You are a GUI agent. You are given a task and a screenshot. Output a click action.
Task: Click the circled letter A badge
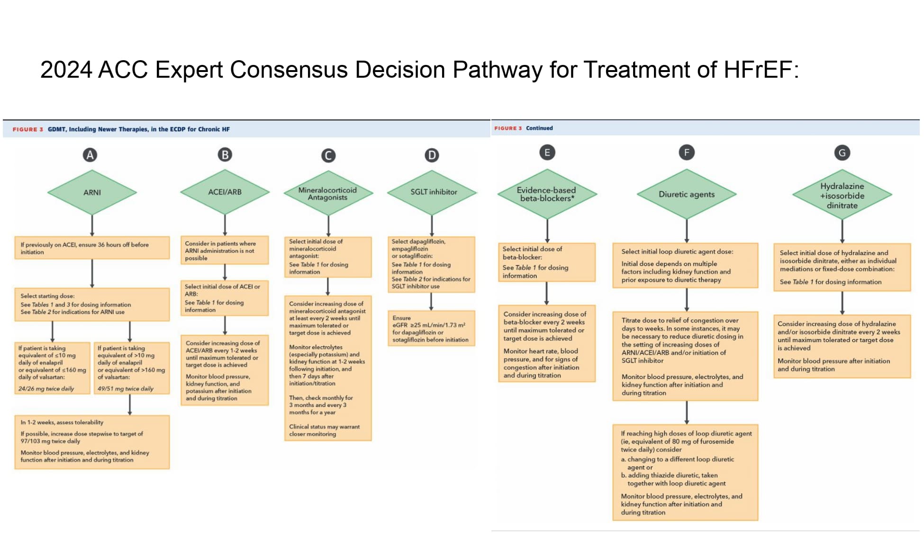point(90,155)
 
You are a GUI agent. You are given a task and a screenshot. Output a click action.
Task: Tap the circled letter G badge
point(842,153)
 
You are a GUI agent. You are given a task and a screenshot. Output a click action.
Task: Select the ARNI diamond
point(92,192)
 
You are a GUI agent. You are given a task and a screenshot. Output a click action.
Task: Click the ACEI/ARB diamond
point(225,192)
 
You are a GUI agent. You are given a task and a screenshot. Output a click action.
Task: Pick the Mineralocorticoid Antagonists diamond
point(327,193)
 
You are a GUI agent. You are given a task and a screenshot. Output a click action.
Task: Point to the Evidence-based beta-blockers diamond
point(547,194)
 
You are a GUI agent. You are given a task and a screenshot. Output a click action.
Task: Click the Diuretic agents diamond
point(686,194)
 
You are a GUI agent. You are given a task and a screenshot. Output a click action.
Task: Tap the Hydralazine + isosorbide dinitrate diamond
point(842,195)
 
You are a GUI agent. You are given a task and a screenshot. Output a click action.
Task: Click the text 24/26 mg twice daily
point(46,388)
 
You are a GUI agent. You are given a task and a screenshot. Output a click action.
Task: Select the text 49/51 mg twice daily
point(126,388)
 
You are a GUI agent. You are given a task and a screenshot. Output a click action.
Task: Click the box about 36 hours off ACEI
point(92,248)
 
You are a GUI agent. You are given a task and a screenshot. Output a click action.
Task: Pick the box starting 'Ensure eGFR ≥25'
point(431,329)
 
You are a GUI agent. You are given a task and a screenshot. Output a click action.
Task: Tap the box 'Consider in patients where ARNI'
point(225,251)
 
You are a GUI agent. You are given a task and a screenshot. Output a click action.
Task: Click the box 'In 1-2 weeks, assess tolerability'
point(92,442)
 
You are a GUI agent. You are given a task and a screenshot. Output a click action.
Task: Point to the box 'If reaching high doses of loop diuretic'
point(685,472)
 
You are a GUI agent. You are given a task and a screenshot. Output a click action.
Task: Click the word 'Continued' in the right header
point(539,128)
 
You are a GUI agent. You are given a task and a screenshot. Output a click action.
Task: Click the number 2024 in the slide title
point(66,70)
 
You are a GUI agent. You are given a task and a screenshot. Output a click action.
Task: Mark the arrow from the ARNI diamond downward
point(92,226)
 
